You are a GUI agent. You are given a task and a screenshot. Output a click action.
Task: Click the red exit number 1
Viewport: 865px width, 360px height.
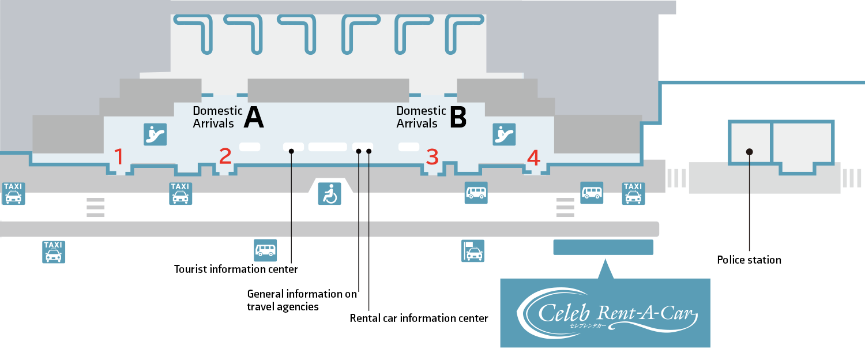coord(119,156)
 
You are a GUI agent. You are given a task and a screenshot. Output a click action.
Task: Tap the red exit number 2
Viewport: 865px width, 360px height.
coord(225,156)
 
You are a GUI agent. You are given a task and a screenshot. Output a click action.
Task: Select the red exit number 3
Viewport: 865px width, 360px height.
coord(432,156)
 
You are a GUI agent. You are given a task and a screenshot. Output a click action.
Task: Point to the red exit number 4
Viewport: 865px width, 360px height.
coord(534,157)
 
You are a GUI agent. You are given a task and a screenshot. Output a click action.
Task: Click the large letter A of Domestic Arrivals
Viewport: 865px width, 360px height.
coord(254,117)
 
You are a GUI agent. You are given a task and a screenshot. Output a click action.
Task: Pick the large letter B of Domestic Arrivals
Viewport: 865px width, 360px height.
coord(457,117)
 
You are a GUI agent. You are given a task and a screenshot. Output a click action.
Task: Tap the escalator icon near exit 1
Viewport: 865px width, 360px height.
coord(155,134)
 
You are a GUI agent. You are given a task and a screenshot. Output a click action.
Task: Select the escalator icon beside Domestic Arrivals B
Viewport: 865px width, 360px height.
coord(504,134)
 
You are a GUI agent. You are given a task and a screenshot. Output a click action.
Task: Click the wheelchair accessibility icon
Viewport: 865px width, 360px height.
coord(330,194)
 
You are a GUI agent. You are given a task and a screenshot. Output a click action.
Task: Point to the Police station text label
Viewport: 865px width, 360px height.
coord(749,260)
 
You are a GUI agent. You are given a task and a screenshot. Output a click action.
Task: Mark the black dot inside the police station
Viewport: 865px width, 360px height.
coord(749,152)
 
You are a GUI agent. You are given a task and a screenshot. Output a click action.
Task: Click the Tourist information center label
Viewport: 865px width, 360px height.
coord(236,269)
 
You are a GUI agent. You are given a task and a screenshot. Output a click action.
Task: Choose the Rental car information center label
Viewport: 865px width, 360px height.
coord(419,318)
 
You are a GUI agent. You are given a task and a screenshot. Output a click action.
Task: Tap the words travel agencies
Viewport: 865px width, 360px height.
coord(283,307)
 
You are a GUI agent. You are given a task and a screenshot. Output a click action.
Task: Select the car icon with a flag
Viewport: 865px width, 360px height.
coord(473,251)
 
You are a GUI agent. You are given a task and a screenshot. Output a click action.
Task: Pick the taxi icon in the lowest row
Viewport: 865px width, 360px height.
coord(54,252)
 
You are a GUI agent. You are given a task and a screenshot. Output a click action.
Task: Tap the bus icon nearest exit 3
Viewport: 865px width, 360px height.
coord(476,193)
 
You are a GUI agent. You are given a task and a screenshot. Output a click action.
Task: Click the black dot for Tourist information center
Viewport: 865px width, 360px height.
coord(292,151)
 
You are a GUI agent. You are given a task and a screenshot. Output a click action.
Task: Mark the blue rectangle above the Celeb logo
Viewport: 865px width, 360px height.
coord(603,247)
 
